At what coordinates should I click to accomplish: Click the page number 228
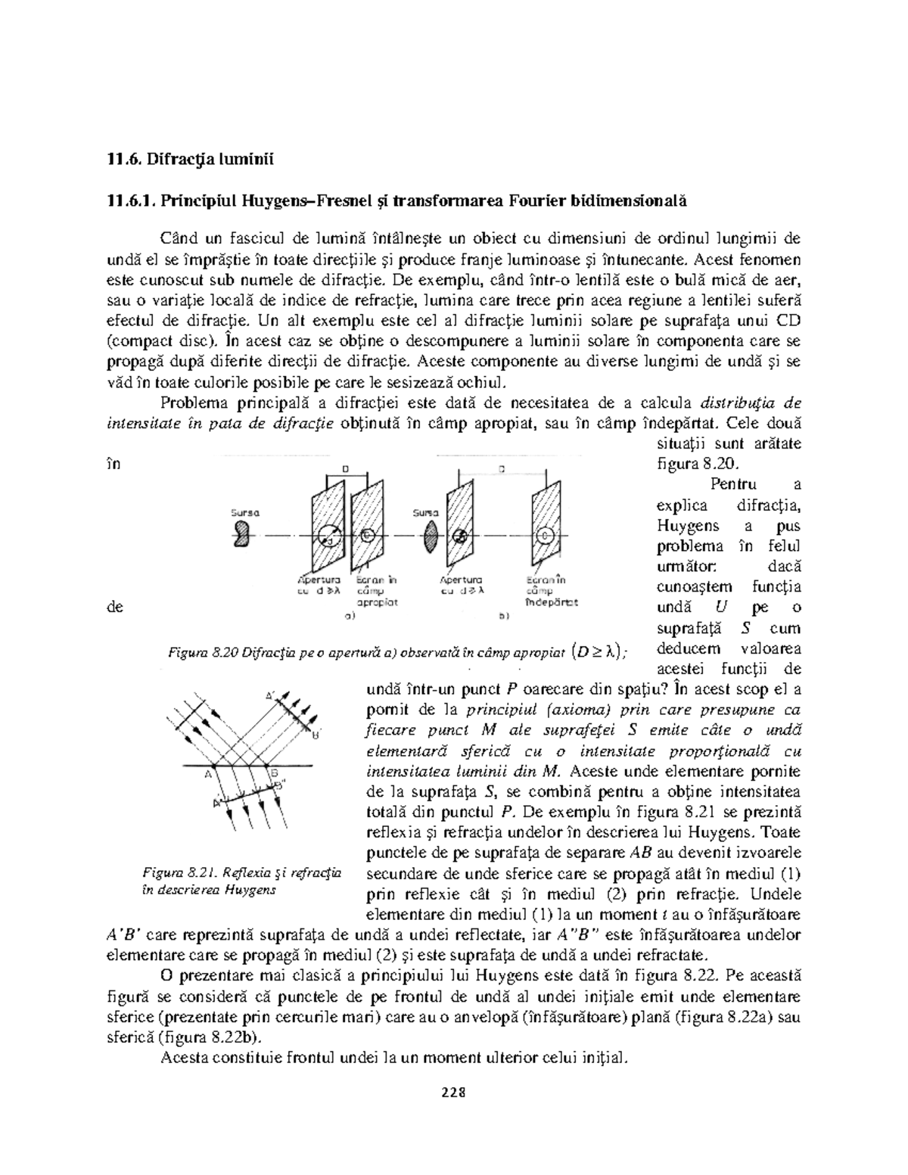pos(453,1093)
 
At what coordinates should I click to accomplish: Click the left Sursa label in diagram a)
pos(244,512)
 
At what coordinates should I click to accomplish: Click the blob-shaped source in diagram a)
pos(243,536)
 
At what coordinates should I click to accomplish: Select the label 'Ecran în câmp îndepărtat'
pos(549,591)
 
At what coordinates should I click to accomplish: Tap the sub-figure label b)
pos(504,616)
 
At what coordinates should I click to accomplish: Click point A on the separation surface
pos(208,774)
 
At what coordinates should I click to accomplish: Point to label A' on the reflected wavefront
pos(270,695)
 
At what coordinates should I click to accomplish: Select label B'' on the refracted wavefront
pos(280,786)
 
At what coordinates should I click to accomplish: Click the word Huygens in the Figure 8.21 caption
pos(250,890)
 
